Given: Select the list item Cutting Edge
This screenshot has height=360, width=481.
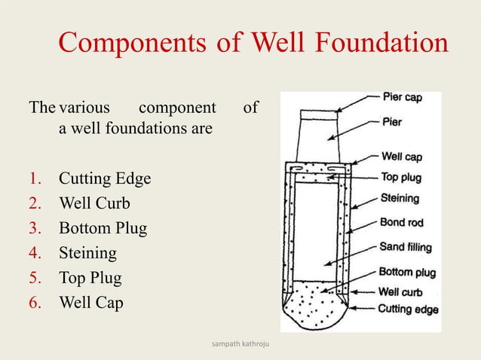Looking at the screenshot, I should coord(105,178).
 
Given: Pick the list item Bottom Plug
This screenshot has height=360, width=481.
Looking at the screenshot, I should coord(103,228).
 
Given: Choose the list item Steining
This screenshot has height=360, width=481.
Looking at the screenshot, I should coord(87,253).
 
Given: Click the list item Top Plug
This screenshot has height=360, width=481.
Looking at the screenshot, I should coord(90,278).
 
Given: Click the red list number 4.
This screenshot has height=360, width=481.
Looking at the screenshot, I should coord(36,253).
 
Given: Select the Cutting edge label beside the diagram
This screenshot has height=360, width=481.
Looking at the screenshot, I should coord(408,308).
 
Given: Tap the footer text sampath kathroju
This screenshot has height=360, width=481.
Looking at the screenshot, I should coord(240,344).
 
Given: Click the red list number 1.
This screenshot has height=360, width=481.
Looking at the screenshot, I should coord(35,178).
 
